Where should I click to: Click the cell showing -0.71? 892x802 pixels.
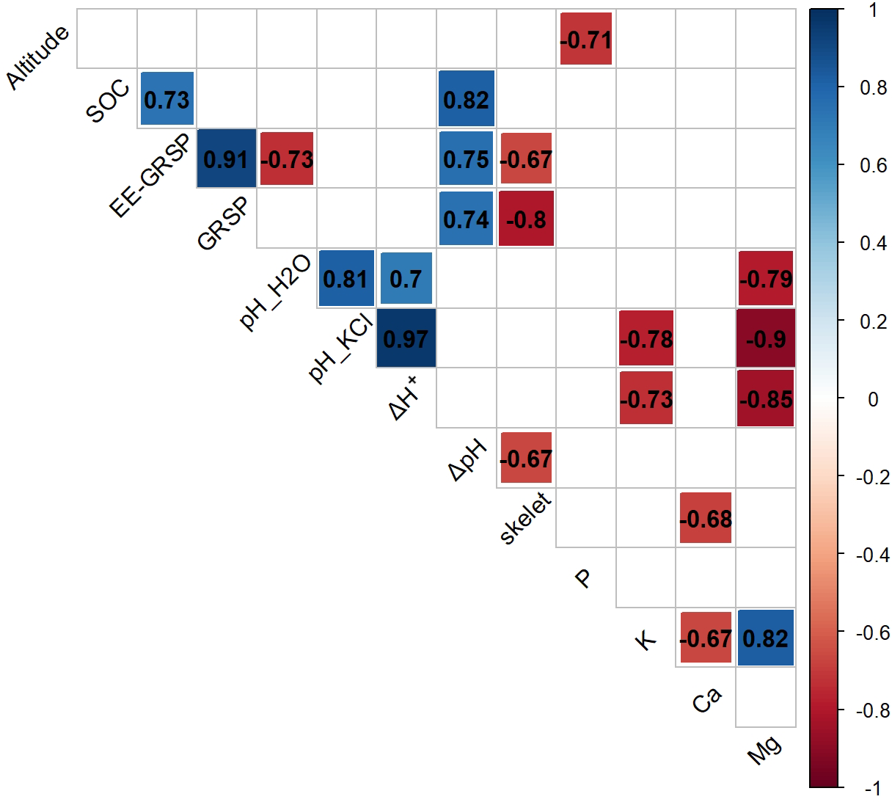click(585, 39)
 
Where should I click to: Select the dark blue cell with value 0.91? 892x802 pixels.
click(227, 159)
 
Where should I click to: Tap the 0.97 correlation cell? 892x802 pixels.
click(406, 338)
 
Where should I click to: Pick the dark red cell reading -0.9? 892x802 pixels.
click(766, 338)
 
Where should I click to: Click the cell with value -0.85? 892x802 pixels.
click(766, 398)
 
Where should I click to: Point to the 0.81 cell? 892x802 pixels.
click(346, 278)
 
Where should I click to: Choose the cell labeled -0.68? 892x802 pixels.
click(706, 518)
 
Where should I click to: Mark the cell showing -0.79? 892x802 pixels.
click(766, 278)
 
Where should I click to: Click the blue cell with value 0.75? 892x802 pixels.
click(466, 159)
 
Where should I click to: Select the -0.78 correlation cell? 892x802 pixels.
click(646, 338)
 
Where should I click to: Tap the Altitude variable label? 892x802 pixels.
click(38, 57)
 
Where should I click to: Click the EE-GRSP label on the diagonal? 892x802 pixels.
click(150, 176)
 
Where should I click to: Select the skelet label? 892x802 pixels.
click(525, 519)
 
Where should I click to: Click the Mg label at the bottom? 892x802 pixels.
click(764, 750)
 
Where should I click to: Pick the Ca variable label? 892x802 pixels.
click(706, 700)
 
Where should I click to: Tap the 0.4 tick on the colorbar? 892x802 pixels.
click(873, 243)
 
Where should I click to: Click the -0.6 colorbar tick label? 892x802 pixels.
click(871, 632)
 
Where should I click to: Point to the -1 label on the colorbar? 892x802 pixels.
click(872, 788)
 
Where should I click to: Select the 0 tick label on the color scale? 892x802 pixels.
click(873, 399)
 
